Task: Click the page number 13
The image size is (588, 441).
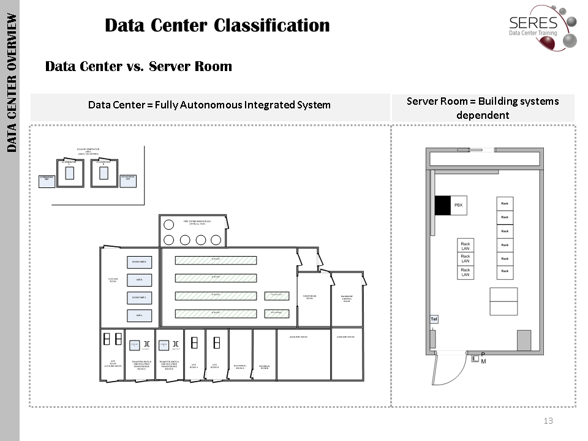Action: pyautogui.click(x=548, y=421)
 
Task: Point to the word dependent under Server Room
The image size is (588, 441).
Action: pyautogui.click(x=483, y=115)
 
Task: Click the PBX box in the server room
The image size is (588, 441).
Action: pyautogui.click(x=458, y=205)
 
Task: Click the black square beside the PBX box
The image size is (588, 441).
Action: pyautogui.click(x=442, y=205)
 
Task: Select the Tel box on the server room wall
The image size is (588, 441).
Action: pyautogui.click(x=434, y=319)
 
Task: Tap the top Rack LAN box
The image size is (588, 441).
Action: pyautogui.click(x=466, y=246)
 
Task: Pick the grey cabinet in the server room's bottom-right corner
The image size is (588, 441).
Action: pyautogui.click(x=524, y=340)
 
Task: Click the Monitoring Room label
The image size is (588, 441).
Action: pyautogui.click(x=310, y=297)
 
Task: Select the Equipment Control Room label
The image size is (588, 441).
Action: pyautogui.click(x=347, y=298)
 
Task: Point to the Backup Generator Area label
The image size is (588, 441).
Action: pyautogui.click(x=88, y=151)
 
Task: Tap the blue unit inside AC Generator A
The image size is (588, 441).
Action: pyautogui.click(x=69, y=173)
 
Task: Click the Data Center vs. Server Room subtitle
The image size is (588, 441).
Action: pyautogui.click(x=138, y=66)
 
